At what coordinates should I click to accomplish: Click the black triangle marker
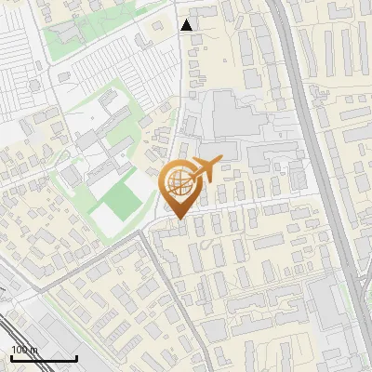[187, 25]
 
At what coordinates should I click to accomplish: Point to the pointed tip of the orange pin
[180, 218]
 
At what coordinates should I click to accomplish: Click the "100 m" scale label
[24, 350]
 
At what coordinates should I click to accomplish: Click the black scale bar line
[44, 358]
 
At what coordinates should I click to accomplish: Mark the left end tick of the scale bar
[11, 357]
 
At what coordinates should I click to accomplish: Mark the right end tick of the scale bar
[76, 357]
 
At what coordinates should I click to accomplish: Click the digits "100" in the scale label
[19, 350]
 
